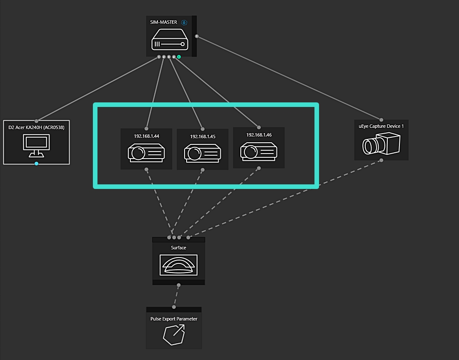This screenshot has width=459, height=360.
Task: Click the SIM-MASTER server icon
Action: coord(170,40)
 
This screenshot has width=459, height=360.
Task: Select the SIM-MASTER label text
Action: coord(164,22)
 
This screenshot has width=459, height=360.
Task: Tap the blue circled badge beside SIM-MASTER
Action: coord(184,22)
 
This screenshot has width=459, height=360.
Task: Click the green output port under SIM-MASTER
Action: coord(179,57)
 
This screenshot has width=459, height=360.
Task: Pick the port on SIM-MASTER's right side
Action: coord(197,37)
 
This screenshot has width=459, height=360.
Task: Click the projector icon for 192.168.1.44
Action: coord(146,153)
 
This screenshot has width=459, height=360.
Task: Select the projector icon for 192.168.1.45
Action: coord(202,154)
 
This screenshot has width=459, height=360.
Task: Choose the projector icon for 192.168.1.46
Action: coord(259,151)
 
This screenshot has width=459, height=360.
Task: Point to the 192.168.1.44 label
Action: coord(146,136)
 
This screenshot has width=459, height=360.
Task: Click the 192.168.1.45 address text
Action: coord(202,137)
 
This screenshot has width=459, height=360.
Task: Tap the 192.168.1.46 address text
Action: coord(259,135)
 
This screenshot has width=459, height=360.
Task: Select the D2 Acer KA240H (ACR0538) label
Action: coord(36,127)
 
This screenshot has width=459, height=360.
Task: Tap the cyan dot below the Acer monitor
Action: coord(37,164)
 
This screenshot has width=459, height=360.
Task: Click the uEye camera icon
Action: coord(381,144)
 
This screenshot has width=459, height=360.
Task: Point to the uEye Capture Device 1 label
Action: coord(381,126)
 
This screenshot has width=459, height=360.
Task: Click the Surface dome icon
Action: coord(178,265)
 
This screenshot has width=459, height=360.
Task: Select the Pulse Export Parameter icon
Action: coord(174,335)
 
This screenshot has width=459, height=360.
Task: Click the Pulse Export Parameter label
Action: coord(174,319)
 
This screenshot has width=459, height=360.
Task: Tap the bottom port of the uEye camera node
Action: coord(381,160)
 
